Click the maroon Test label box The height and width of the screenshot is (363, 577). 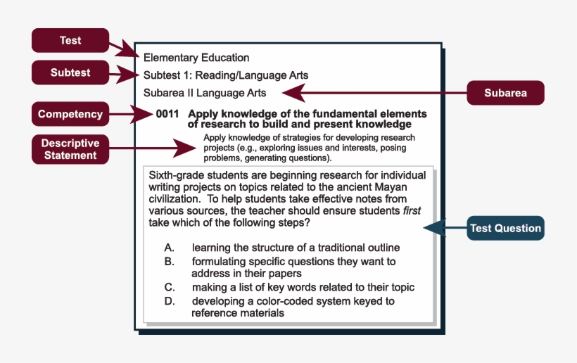tap(70, 40)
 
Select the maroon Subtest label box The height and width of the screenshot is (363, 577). tap(70, 72)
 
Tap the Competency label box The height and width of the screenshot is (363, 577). tap(70, 114)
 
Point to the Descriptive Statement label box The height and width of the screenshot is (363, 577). tap(70, 149)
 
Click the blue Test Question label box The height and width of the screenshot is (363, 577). tap(505, 228)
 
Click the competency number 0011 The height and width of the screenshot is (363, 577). tap(167, 113)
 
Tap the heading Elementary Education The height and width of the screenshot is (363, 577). tap(196, 58)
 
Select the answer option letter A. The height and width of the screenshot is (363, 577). tap(169, 248)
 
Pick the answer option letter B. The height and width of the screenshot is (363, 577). tap(169, 261)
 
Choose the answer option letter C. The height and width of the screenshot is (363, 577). tap(169, 287)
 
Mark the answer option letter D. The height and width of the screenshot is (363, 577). tap(169, 301)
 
